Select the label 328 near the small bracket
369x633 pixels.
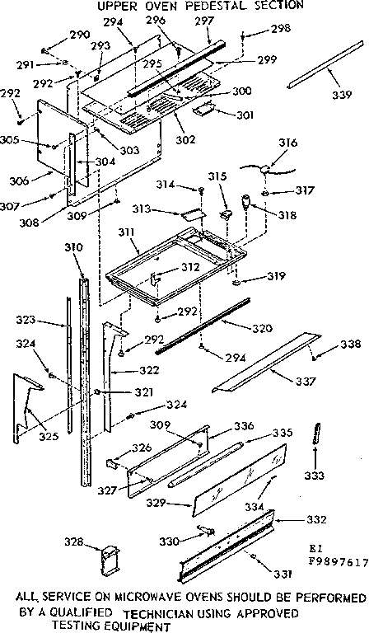(75, 542)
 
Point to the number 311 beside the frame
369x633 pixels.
(128, 233)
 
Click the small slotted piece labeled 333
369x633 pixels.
(315, 434)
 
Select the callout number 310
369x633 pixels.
(74, 246)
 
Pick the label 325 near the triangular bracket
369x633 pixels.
(49, 436)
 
